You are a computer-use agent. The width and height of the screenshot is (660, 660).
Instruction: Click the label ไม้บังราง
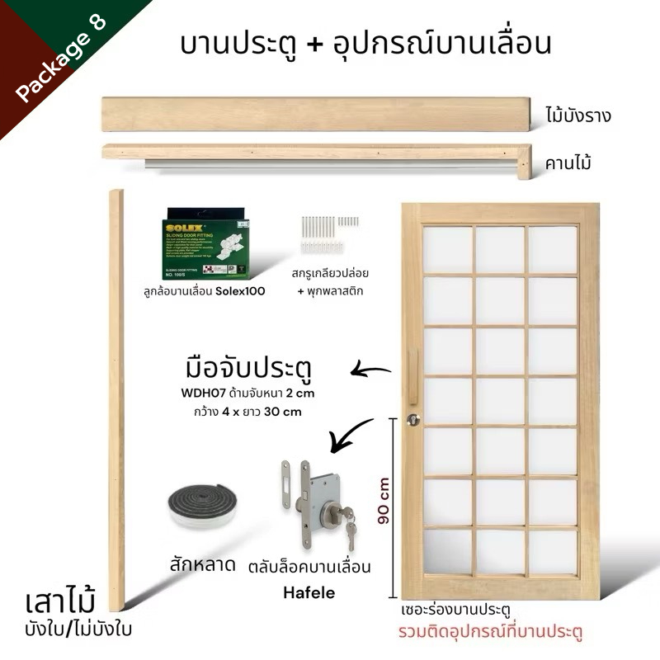click(577, 115)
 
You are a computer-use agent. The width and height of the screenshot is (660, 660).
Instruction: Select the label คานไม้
click(572, 163)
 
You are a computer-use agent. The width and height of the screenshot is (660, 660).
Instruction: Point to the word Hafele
click(307, 592)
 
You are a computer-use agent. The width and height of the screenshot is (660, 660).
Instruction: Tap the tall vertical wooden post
click(116, 396)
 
